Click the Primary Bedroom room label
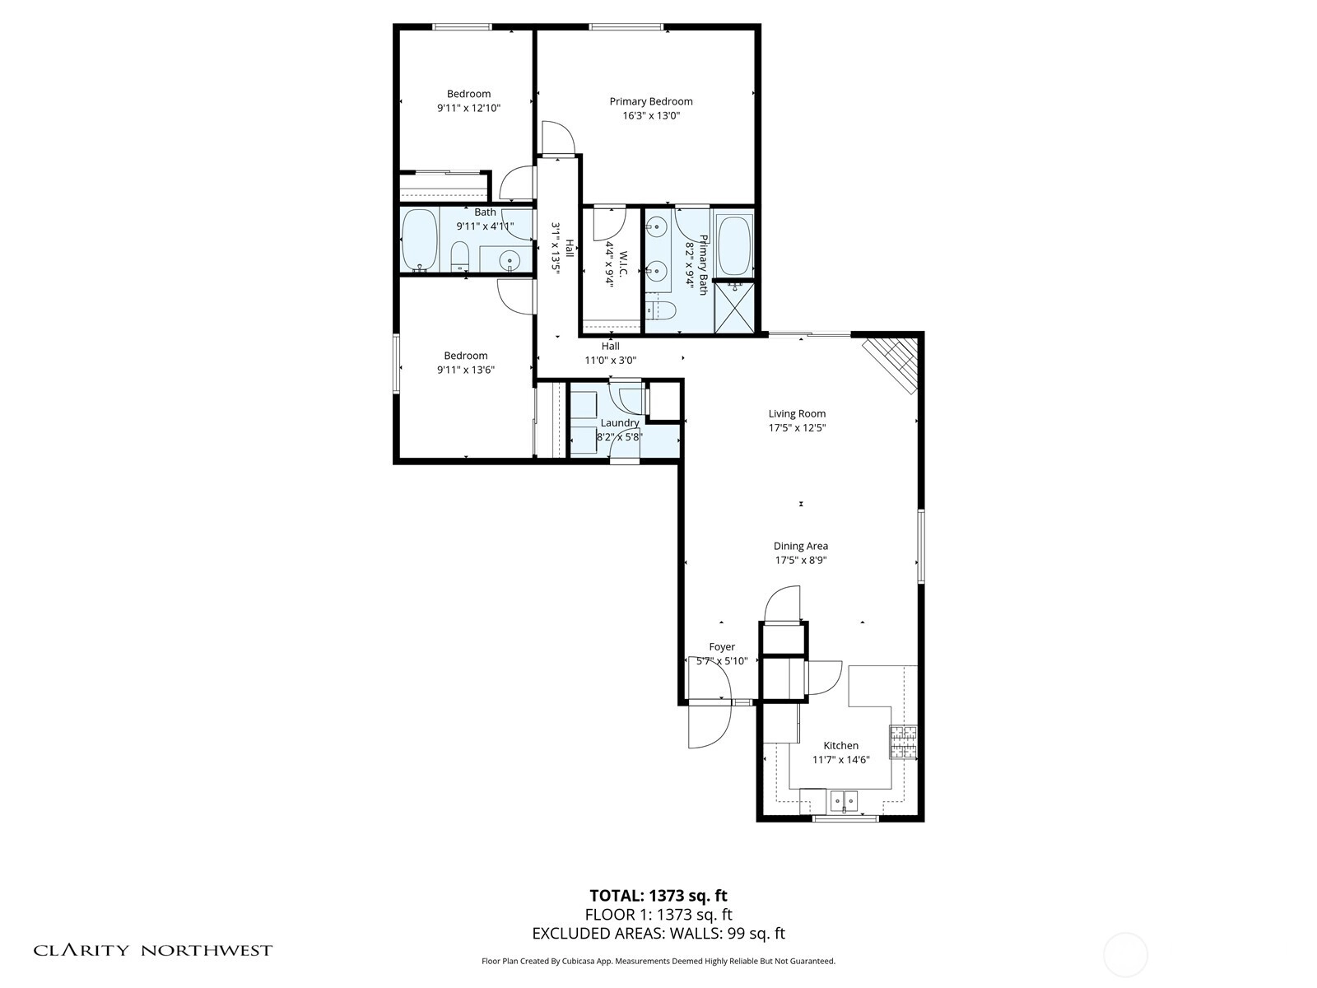coord(651,102)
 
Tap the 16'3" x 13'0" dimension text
coord(651,116)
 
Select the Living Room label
coord(797,414)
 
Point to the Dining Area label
coord(800,546)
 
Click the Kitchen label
coord(840,746)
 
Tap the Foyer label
coord(722,646)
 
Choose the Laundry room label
coord(620,423)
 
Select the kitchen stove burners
coord(903,742)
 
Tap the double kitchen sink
coord(845,800)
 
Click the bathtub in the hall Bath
coord(420,240)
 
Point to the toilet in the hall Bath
coord(459,257)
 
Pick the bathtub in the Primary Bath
coord(733,246)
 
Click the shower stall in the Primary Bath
coord(733,306)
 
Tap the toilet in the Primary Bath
coord(661,310)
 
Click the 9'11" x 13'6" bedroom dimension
coord(466,370)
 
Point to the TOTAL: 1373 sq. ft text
coord(658,896)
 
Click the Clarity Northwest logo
coord(152,950)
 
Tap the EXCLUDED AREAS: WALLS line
coord(658,934)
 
